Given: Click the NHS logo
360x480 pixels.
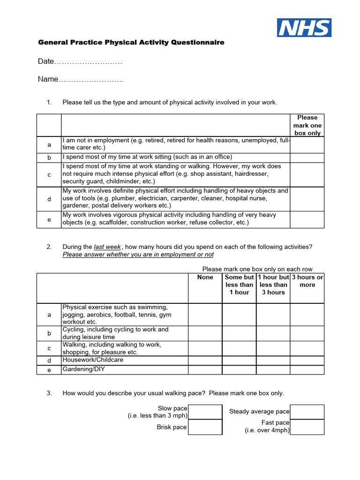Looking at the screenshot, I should tap(304, 28).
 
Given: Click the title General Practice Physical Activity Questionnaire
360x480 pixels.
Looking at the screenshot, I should tap(131, 43).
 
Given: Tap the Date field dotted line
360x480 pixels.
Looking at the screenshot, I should tap(89, 62).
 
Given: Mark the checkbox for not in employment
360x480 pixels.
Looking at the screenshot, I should tap(307, 145).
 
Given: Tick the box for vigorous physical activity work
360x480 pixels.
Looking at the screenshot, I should tap(307, 219).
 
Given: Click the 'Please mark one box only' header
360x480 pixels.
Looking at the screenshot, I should tap(307, 125).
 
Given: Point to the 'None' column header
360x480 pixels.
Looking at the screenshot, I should tap(205, 277).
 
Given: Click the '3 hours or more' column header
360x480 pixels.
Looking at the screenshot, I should tap(307, 281).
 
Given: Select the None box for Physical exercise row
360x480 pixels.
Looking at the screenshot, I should tap(205, 315).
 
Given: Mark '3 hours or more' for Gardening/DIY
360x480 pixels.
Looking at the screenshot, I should tap(307, 370).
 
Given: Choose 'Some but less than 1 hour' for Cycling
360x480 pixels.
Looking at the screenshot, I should tap(239, 333).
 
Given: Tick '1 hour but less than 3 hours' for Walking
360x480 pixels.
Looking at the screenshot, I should tap(273, 348).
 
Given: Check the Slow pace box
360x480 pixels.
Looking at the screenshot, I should tap(205, 412).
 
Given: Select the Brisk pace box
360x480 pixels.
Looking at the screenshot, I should tap(205, 427).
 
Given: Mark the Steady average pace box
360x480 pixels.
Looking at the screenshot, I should tap(307, 412).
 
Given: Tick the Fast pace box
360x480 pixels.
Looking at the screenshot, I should tap(307, 427).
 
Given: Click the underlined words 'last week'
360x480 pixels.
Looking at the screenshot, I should tap(107, 247).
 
